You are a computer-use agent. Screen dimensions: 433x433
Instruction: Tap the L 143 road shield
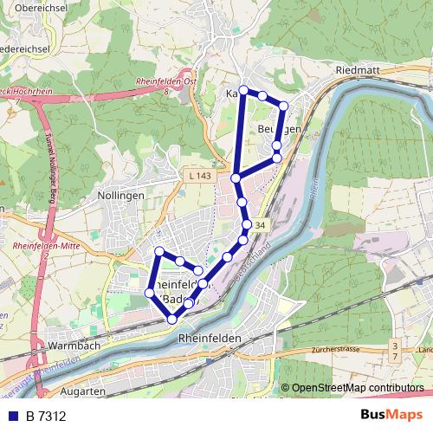[x=198, y=176]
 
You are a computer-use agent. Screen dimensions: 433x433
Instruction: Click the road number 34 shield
[x=261, y=224]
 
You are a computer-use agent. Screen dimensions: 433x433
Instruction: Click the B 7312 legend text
[x=46, y=415]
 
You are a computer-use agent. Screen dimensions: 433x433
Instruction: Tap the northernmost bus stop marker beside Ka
[x=243, y=90]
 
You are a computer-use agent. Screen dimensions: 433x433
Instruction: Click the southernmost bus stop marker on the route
[x=172, y=320]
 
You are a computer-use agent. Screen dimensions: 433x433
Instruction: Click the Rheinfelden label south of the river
[x=207, y=339]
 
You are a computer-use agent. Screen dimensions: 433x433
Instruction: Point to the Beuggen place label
[x=279, y=129]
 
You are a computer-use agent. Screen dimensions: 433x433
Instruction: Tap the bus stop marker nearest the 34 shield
[x=247, y=224]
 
